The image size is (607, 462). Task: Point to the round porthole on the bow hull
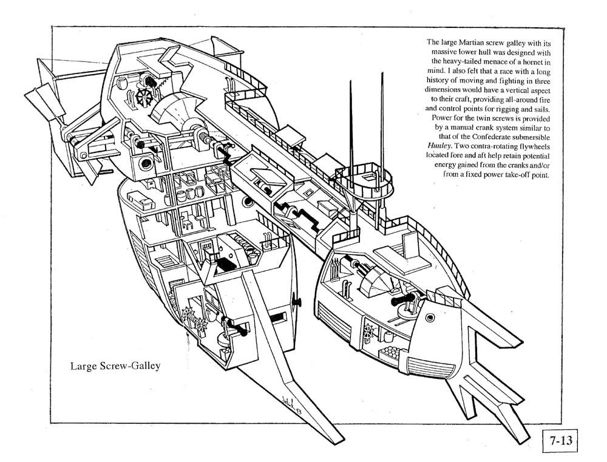430,318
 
